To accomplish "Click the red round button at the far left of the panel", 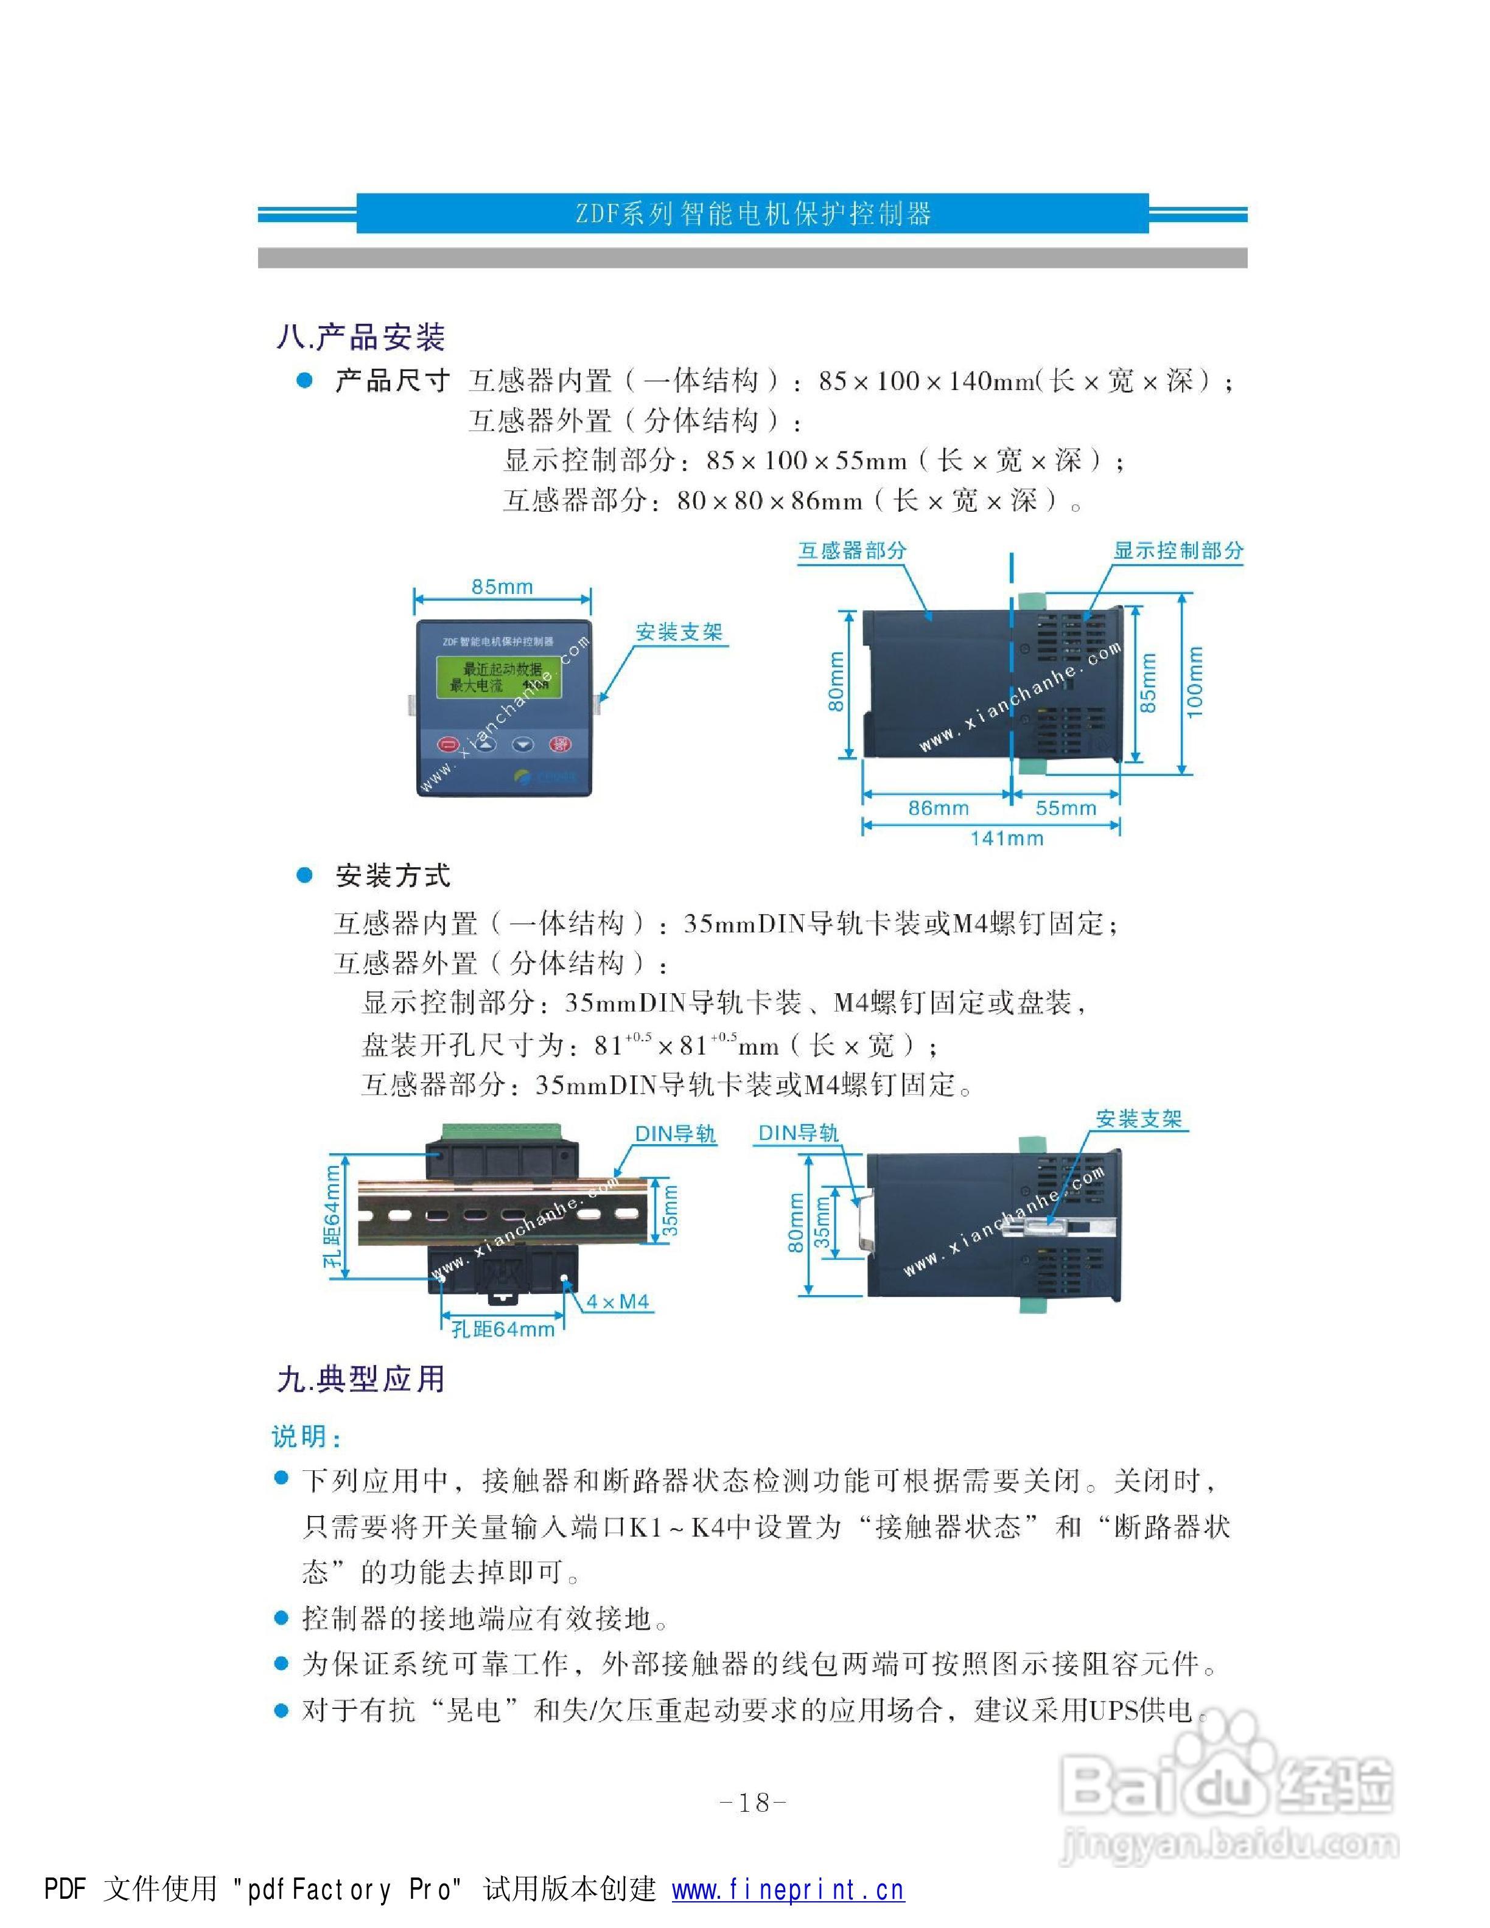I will click(449, 745).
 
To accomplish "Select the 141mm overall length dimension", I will click(1006, 839).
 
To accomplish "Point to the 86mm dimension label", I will click(937, 808).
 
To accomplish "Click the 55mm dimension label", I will click(1065, 808).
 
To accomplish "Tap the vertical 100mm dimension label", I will click(1194, 682).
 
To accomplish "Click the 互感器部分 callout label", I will click(852, 551).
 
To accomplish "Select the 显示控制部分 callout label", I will click(1178, 551).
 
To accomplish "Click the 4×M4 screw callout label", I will click(618, 1301).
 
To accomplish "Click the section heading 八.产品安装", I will click(360, 337).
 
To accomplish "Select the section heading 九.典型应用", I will click(360, 1379).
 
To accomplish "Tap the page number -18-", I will click(753, 1803).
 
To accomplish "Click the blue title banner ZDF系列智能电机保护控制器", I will click(752, 214).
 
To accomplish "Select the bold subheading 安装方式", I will click(393, 876).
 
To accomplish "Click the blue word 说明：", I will click(306, 1436).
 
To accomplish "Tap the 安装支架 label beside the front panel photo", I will click(679, 632).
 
